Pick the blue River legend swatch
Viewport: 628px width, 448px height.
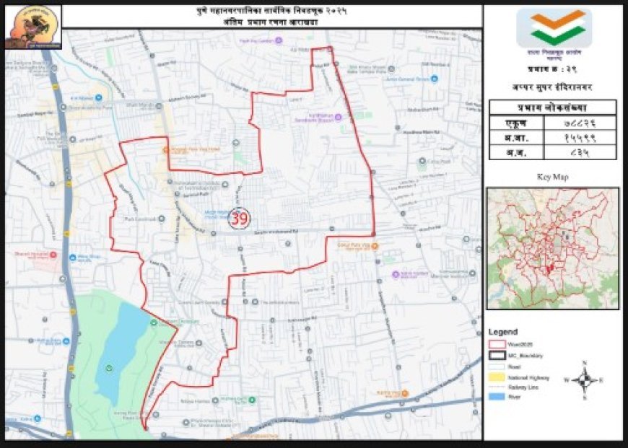coord(497,397)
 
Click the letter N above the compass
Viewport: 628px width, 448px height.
coord(585,362)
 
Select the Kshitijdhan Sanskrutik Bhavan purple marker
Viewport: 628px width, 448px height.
coord(299,117)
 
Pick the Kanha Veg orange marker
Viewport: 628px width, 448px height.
coord(404,393)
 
